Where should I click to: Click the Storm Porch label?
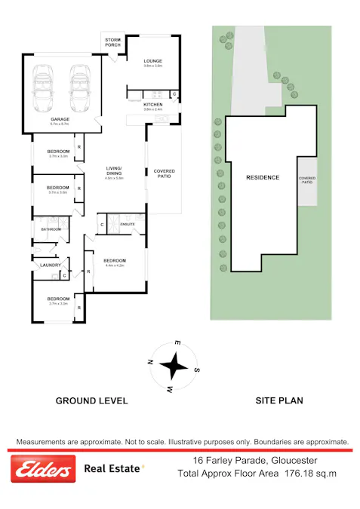pos(112,41)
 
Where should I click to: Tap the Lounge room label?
pos(153,62)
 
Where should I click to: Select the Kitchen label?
pos(153,105)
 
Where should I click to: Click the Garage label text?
pos(60,120)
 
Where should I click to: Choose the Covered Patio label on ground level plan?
pos(164,173)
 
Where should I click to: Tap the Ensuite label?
pos(128,224)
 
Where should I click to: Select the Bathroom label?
pos(51,228)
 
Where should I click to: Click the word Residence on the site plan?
pos(263,178)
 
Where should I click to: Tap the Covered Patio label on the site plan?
pos(307,181)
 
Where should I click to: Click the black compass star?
pos(174,366)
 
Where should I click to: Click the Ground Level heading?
pos(91,401)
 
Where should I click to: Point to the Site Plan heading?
pos(279,401)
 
